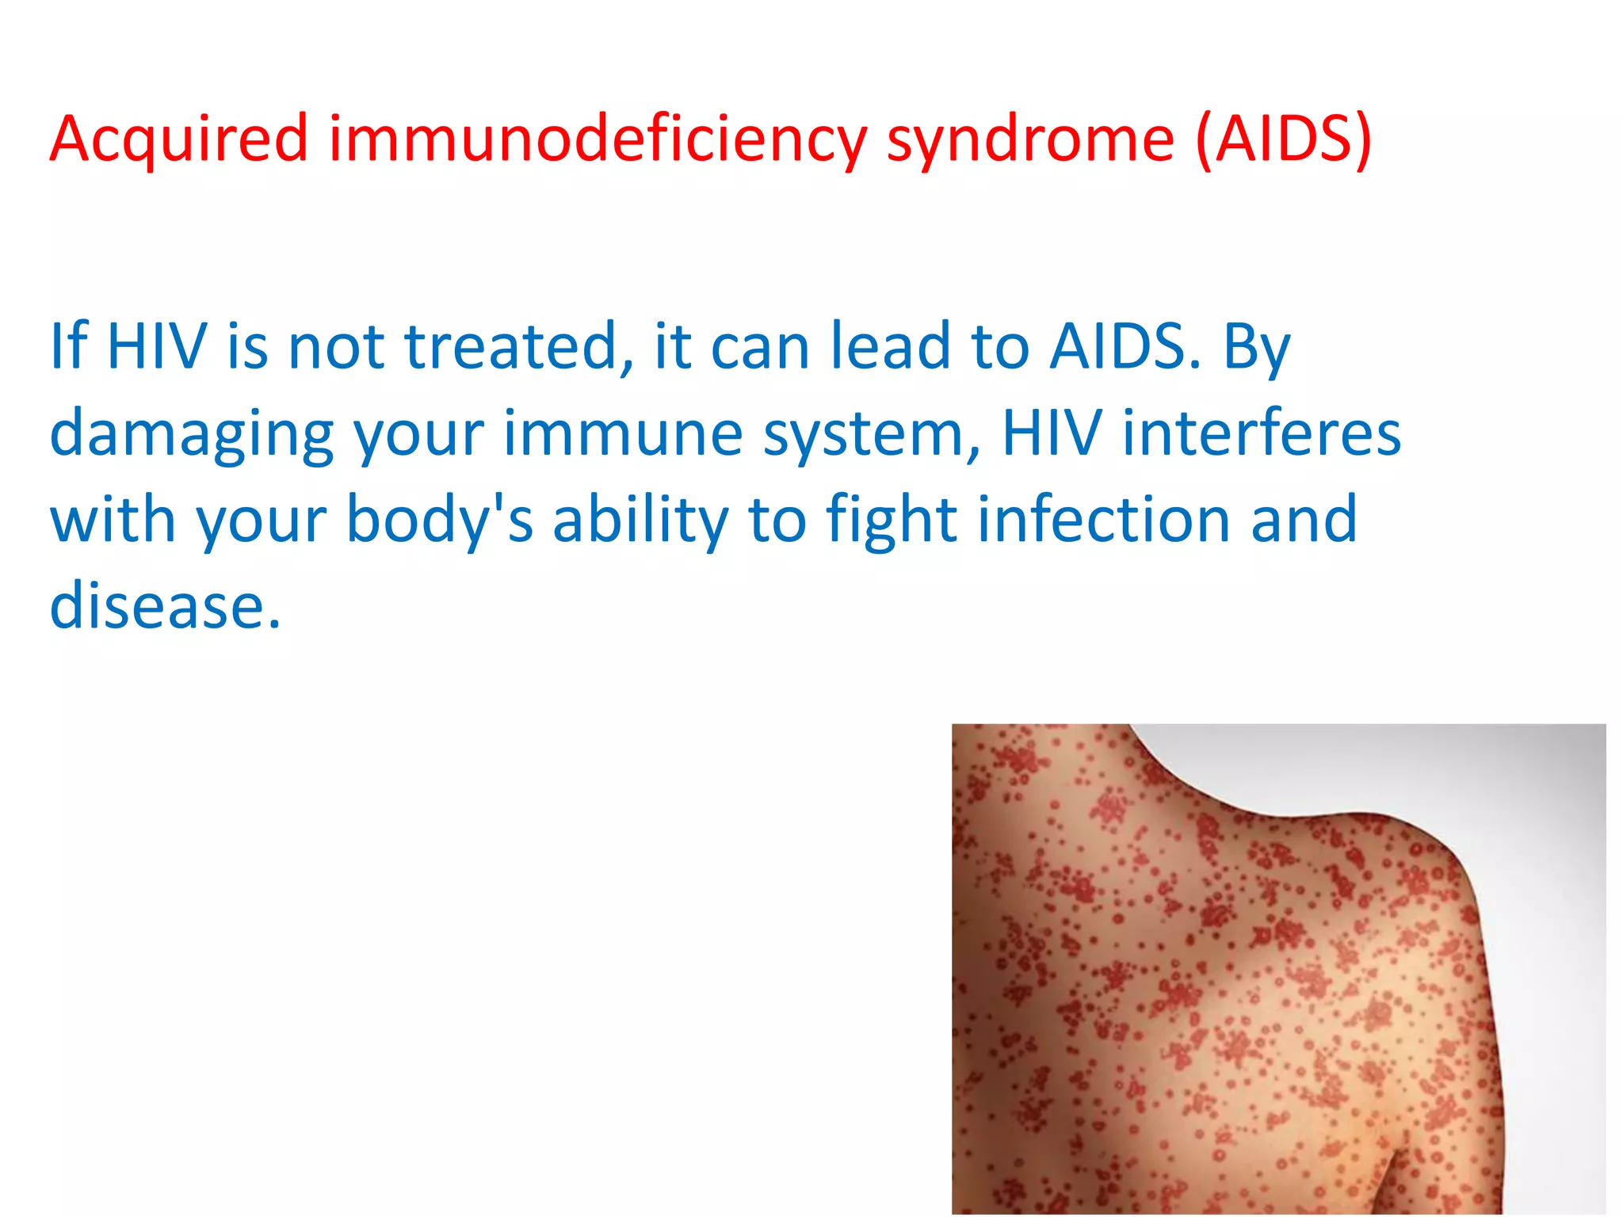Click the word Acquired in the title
click(x=178, y=139)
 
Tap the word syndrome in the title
click(x=1029, y=139)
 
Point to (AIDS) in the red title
click(x=1284, y=139)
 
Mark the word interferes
click(x=1262, y=434)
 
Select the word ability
click(x=640, y=521)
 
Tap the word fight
click(x=892, y=521)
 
